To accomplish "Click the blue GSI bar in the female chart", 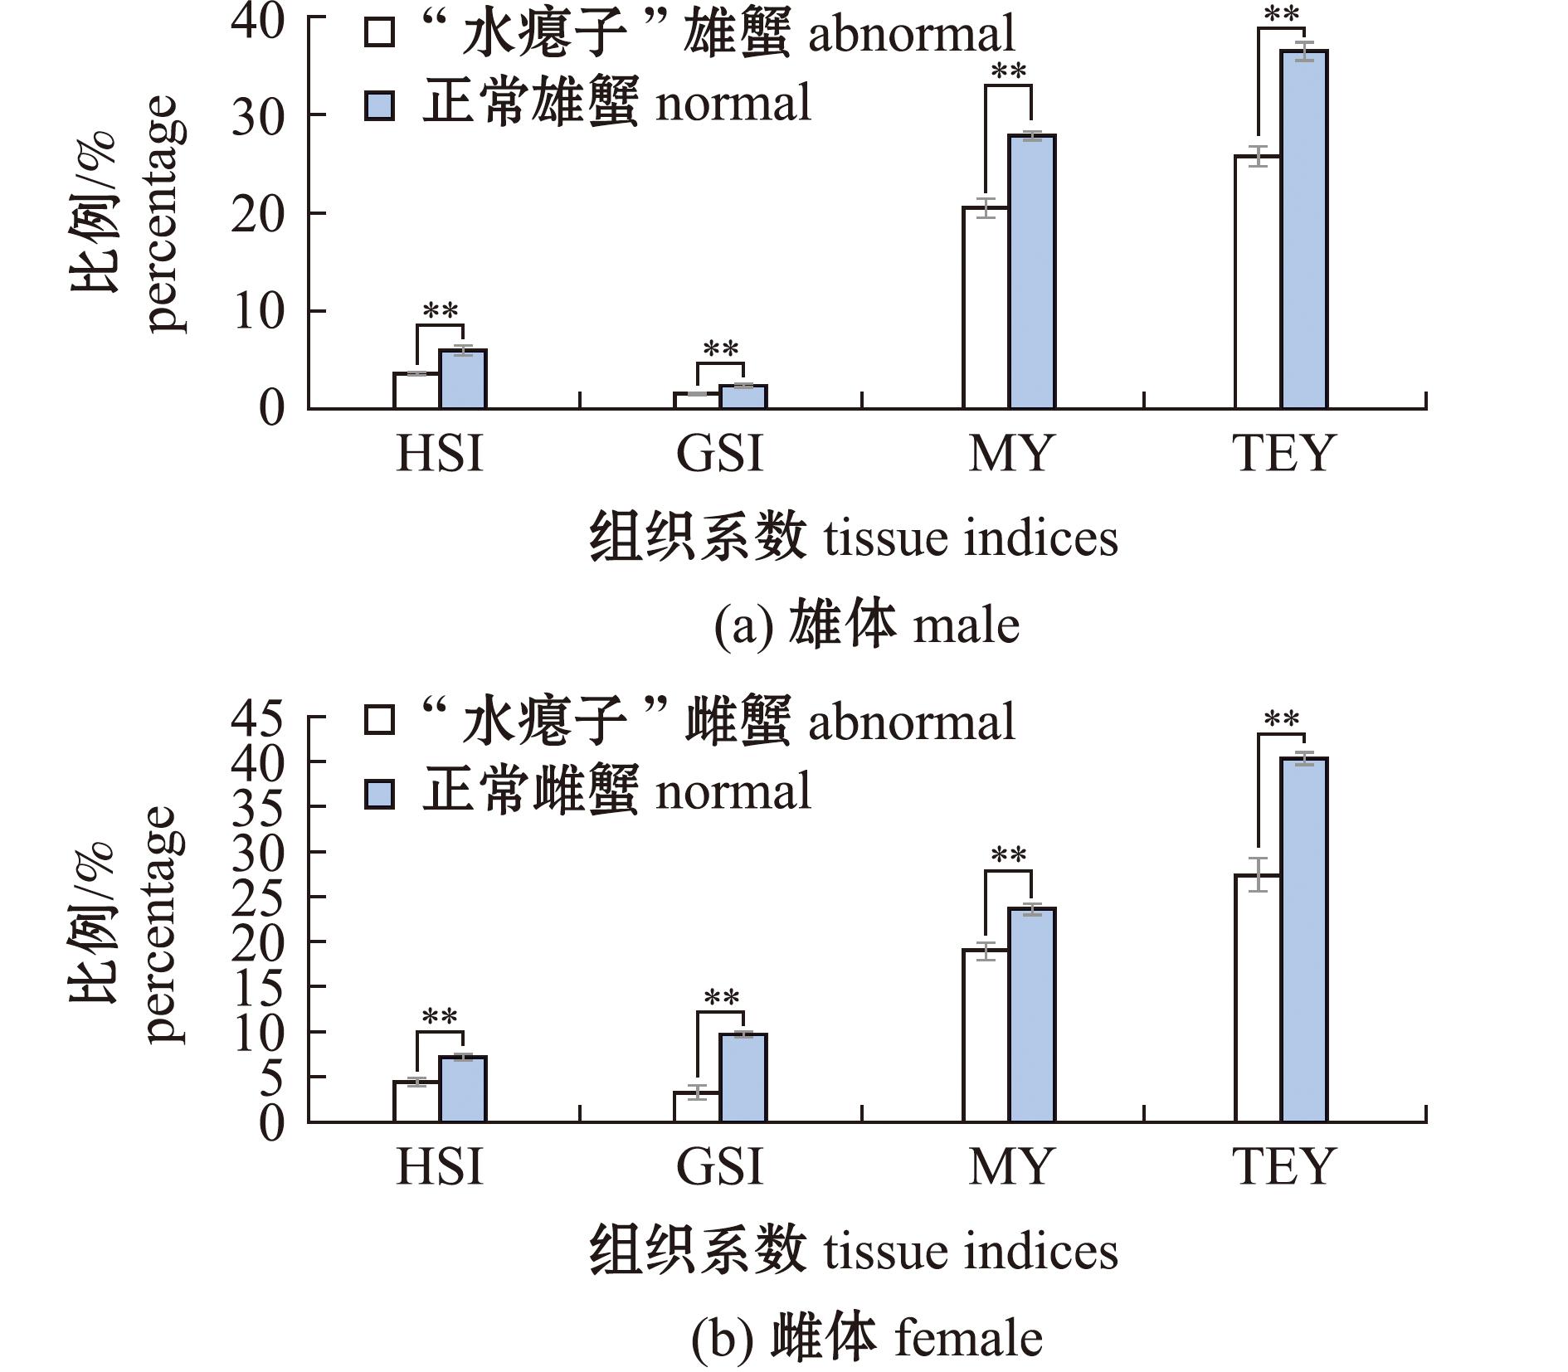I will tap(743, 1078).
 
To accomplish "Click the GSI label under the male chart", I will tap(719, 454).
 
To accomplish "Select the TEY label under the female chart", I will tap(1283, 1165).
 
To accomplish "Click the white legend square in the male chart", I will tap(379, 34).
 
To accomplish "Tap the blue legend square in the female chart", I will tap(379, 794).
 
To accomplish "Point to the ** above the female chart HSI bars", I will tap(440, 1017).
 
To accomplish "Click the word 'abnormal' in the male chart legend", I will tap(911, 35).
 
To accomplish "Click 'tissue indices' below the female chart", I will tap(971, 1251).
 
